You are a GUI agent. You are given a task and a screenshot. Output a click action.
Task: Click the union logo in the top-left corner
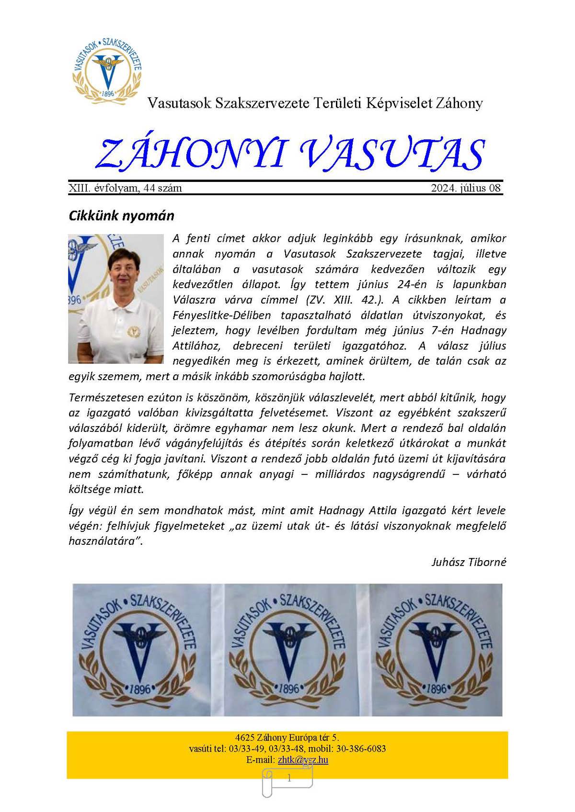[107, 70]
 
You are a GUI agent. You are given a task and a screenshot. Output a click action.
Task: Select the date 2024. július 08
[466, 188]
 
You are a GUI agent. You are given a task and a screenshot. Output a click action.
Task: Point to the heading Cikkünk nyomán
[121, 216]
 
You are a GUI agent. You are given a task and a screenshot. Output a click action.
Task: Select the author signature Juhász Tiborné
[469, 562]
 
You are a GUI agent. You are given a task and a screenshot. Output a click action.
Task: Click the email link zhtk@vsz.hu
[303, 760]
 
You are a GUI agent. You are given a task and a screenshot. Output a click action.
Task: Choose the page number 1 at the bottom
[289, 778]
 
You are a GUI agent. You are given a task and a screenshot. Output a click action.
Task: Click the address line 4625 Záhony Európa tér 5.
[287, 738]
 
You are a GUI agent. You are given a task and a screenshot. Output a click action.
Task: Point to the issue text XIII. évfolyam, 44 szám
[126, 188]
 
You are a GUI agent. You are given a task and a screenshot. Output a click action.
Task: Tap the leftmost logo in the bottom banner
[139, 650]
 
